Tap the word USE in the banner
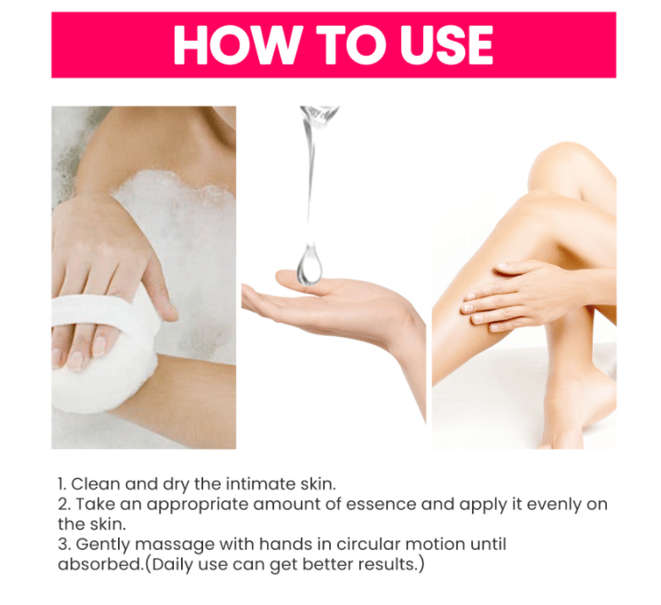(x=446, y=44)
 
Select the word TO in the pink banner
(x=349, y=44)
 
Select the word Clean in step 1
(x=95, y=484)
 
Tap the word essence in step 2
(x=382, y=504)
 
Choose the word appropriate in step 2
(x=198, y=505)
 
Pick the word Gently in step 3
(x=103, y=545)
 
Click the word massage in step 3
(x=175, y=546)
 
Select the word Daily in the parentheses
(x=172, y=565)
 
